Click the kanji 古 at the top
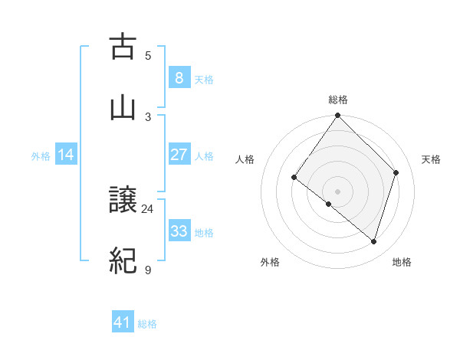(x=123, y=47)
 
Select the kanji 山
(x=123, y=107)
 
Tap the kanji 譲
(x=123, y=201)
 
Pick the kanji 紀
(x=123, y=261)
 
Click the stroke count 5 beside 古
(x=148, y=56)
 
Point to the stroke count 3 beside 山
(x=148, y=116)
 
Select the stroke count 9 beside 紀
(x=148, y=270)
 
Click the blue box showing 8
(x=179, y=78)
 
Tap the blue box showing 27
(x=179, y=155)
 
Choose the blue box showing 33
(x=179, y=231)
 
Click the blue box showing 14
(x=66, y=155)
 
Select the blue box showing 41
(x=123, y=322)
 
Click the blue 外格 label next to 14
(x=41, y=155)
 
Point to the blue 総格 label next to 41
(x=147, y=324)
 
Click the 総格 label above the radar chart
(x=338, y=100)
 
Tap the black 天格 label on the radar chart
(x=431, y=159)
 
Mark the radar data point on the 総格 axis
(x=338, y=115)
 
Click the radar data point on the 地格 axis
(x=374, y=241)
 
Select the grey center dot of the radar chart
(x=338, y=191)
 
